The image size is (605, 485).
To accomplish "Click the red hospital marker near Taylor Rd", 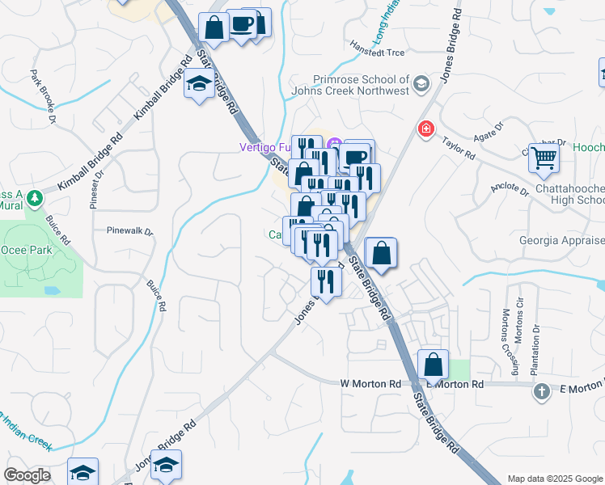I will tap(425, 129).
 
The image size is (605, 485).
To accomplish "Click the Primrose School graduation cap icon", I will tap(421, 84).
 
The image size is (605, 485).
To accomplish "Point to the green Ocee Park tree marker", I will tap(34, 197).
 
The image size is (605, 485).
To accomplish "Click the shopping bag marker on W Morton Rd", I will tap(434, 365).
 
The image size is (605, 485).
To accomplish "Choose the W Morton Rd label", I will tap(371, 383).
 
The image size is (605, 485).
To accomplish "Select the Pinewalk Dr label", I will tap(129, 230).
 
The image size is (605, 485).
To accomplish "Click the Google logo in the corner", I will tap(27, 475).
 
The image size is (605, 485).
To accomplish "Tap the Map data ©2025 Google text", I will tap(555, 479).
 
